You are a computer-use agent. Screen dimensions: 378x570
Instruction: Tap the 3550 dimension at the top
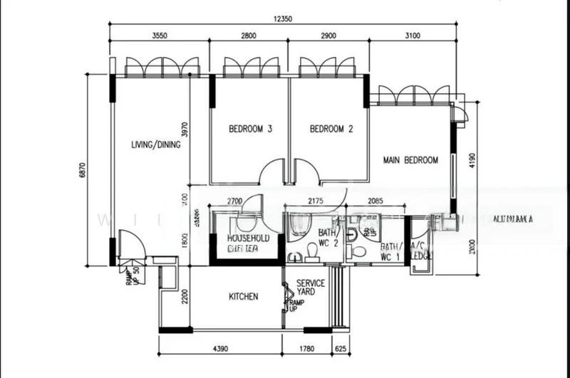click(x=159, y=36)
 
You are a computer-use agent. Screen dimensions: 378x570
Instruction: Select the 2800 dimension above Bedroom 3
click(x=249, y=36)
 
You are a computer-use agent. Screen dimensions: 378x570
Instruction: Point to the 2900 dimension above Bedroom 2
click(x=328, y=36)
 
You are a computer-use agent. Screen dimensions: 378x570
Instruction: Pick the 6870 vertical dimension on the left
click(x=82, y=170)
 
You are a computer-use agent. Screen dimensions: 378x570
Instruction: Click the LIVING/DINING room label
click(x=156, y=145)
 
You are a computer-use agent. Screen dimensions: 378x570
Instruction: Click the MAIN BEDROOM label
click(x=410, y=160)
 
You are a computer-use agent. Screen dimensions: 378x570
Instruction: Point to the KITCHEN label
click(x=243, y=296)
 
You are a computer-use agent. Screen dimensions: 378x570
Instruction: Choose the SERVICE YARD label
click(x=311, y=287)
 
